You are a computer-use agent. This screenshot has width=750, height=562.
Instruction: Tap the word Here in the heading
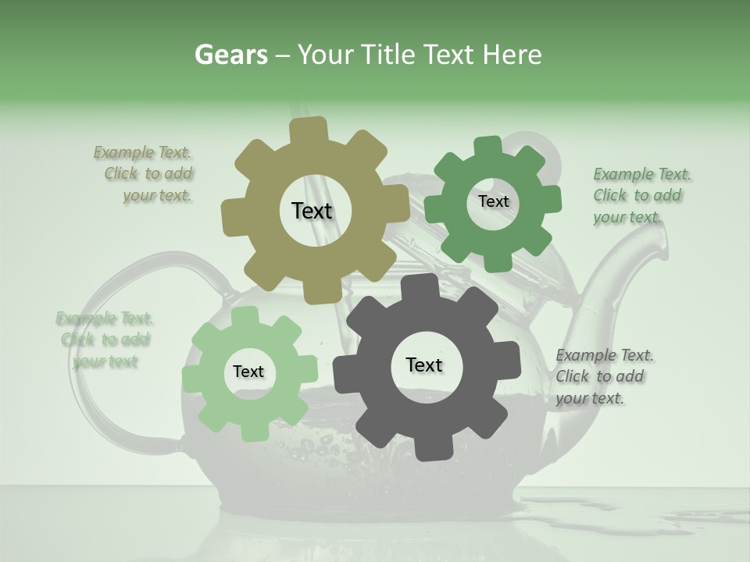(x=512, y=55)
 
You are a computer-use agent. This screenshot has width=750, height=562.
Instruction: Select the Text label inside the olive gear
(x=312, y=211)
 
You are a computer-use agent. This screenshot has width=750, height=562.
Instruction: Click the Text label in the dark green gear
(x=493, y=201)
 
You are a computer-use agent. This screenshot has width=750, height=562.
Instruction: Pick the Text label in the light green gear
(x=248, y=372)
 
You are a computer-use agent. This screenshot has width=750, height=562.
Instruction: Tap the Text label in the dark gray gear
(x=424, y=365)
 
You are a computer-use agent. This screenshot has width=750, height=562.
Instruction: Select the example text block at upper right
(x=641, y=195)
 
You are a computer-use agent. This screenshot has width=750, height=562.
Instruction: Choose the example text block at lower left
(x=104, y=340)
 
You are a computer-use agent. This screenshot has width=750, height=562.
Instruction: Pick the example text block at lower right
(x=603, y=376)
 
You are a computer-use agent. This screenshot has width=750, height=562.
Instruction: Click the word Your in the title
(x=327, y=55)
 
